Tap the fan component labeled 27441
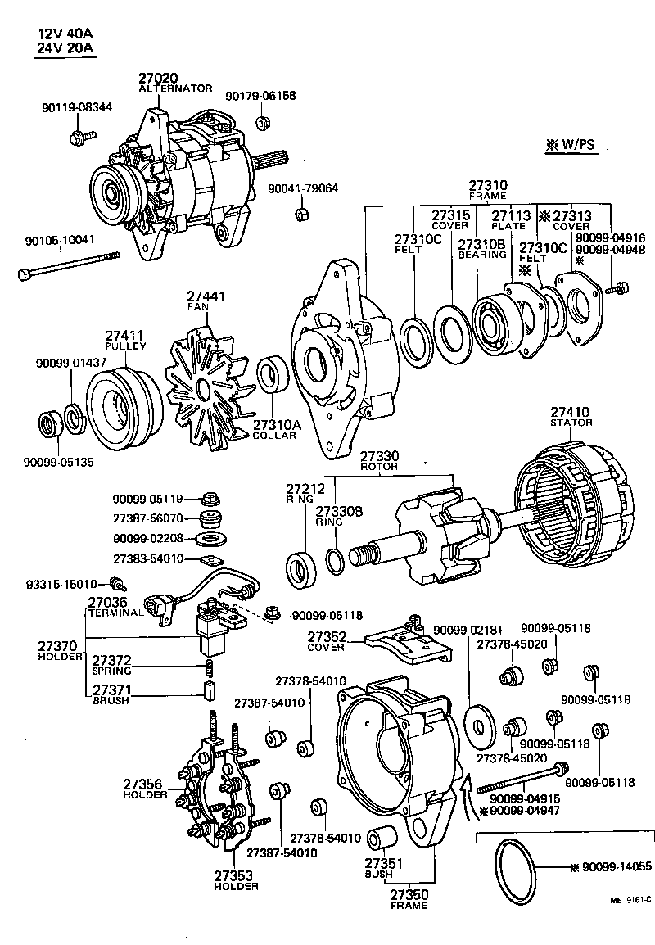point(205,382)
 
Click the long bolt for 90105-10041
point(69,266)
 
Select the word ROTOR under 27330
point(378,466)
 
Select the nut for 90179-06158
point(263,124)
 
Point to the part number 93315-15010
point(61,584)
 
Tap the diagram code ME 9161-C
point(629,899)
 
